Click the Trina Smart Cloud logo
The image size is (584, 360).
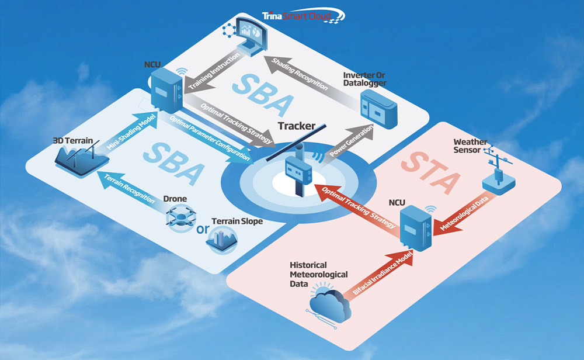[x=303, y=16]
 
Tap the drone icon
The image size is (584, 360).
[x=180, y=217]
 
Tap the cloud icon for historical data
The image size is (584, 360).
[x=329, y=304]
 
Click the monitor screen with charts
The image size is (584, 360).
[x=249, y=36]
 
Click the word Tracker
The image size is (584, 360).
[x=297, y=126]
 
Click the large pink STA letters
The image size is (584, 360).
[x=430, y=173]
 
